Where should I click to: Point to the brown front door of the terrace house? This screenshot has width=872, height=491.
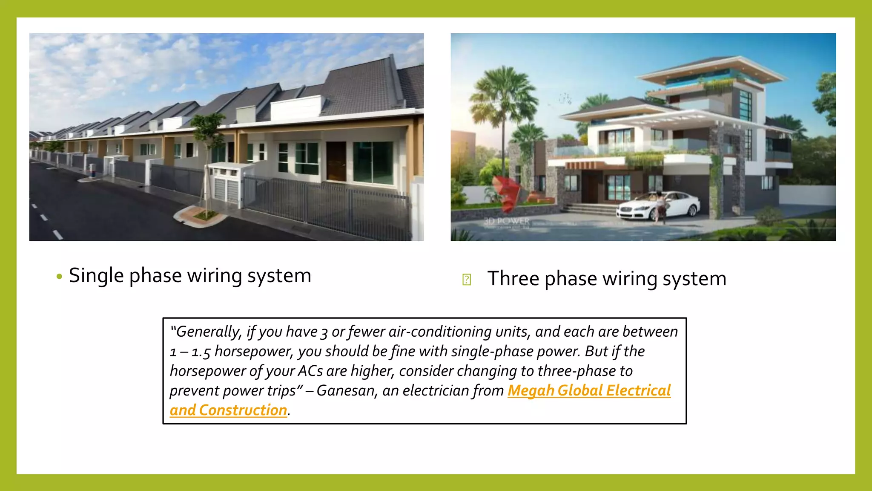point(336,161)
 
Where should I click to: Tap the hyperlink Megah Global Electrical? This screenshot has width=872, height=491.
point(589,390)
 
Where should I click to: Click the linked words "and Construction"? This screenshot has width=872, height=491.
point(228,410)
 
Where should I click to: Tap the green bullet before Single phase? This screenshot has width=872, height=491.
point(59,277)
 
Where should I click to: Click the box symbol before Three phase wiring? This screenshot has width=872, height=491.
point(466,280)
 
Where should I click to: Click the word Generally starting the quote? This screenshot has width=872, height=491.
point(208,332)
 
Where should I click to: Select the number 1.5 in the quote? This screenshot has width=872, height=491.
point(201,352)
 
